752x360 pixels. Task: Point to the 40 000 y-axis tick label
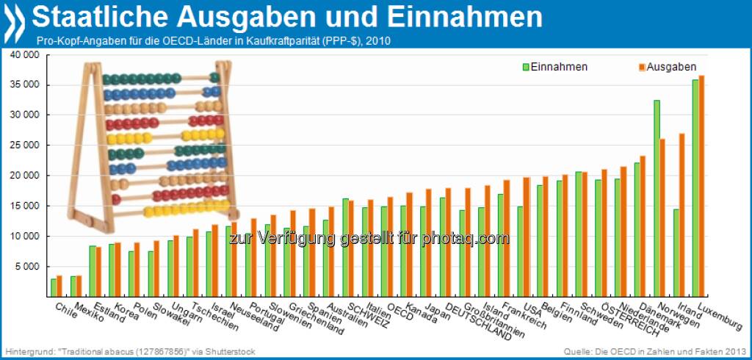(x=25, y=55)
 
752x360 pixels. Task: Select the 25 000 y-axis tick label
(x=25, y=145)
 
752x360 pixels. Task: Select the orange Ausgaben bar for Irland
(x=681, y=214)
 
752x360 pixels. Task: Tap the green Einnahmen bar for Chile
(x=53, y=287)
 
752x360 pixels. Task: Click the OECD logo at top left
(x=15, y=21)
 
